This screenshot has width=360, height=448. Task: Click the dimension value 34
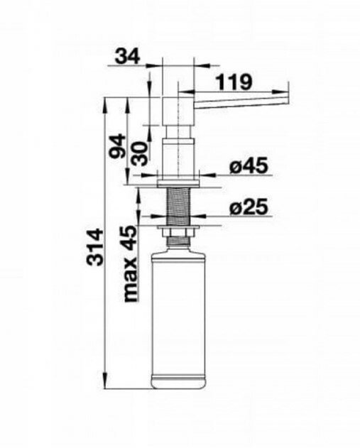(x=127, y=56)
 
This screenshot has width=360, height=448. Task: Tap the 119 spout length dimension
(x=234, y=82)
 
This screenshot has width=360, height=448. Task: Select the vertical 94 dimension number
(x=118, y=146)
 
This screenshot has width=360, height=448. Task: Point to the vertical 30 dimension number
(x=141, y=154)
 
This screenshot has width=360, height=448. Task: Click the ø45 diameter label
(x=249, y=165)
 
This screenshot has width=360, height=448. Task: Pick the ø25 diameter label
(x=249, y=207)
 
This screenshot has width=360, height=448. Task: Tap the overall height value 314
(x=95, y=247)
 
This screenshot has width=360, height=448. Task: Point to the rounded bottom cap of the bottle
(x=178, y=382)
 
